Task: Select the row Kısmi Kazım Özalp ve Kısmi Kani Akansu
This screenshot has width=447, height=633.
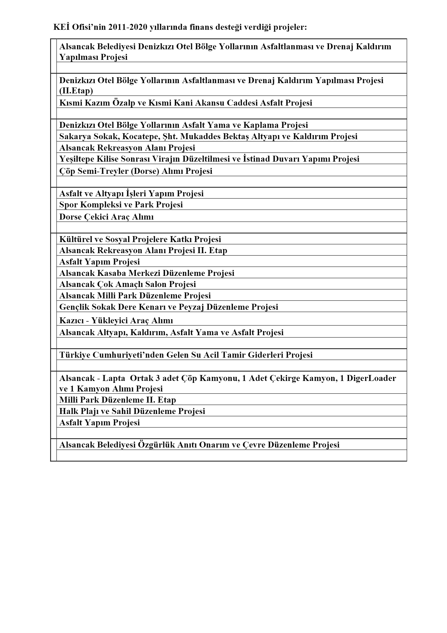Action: point(186,103)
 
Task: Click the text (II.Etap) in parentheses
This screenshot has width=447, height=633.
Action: point(76,91)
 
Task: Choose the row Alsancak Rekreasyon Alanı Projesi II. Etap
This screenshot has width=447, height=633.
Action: point(143,250)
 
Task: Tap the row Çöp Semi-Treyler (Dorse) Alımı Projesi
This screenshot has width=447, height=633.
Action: point(136,171)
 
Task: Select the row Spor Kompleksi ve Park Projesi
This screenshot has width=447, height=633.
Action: point(121,205)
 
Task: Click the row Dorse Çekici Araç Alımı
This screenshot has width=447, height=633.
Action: point(106,217)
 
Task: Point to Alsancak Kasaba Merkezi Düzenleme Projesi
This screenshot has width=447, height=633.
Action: point(147,273)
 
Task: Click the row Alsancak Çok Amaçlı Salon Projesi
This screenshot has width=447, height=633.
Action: point(128,284)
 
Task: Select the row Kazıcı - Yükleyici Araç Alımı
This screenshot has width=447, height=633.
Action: point(116,320)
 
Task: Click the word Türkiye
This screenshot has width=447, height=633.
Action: point(75,355)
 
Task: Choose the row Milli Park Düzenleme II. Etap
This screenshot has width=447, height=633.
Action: point(118,400)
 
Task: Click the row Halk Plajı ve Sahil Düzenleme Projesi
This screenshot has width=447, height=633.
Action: point(132,411)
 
